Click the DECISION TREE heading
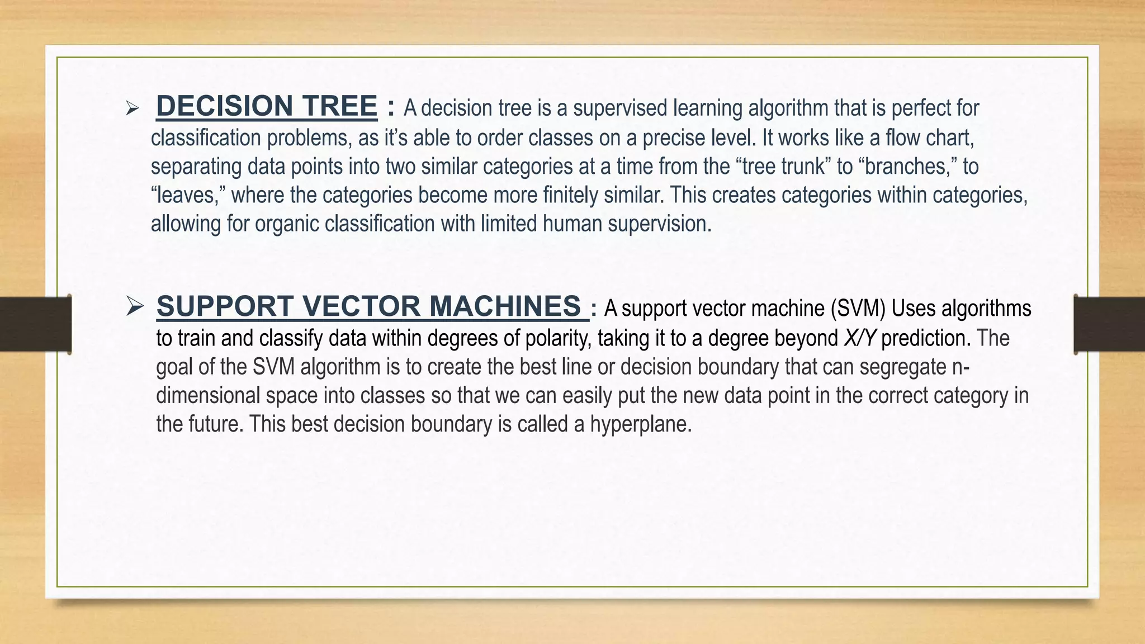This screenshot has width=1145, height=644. pos(267,106)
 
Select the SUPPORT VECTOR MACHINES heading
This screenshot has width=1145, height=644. pos(369,306)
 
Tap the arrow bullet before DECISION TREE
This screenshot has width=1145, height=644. pos(132,108)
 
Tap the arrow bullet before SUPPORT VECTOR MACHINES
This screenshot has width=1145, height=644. pos(135,306)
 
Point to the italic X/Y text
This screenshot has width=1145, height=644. pos(859,338)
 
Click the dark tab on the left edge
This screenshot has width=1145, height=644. pos(35,324)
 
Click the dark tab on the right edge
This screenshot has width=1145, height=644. pos(1109,324)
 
